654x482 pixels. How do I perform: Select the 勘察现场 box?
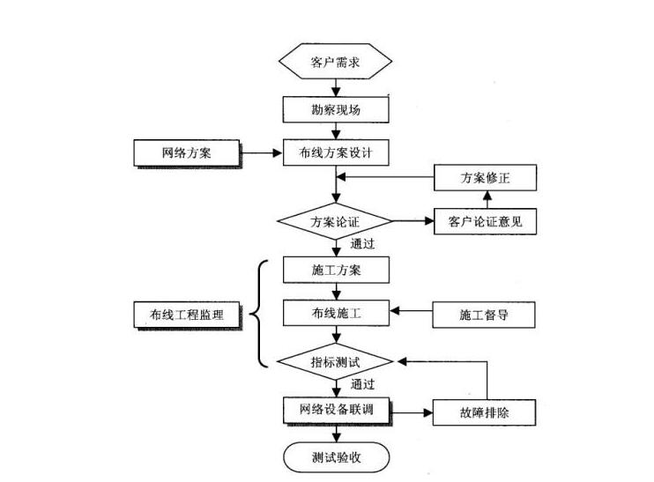coord(335,109)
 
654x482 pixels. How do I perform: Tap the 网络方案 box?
coord(186,153)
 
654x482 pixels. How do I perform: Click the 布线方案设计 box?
coord(335,153)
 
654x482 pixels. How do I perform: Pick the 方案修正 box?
coord(485,178)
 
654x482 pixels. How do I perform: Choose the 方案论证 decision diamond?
coord(335,221)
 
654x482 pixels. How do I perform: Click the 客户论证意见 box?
coord(485,221)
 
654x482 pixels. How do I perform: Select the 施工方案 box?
coord(335,270)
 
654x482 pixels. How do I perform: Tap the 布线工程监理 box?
coord(186,314)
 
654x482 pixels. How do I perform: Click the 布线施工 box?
coord(335,314)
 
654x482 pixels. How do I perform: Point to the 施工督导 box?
coord(485,314)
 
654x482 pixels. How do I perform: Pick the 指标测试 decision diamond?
coord(335,361)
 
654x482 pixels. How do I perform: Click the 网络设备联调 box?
coord(335,410)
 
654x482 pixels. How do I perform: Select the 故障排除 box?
coord(485,412)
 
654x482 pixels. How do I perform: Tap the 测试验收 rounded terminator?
coord(335,457)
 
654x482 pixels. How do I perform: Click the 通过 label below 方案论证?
coord(363,244)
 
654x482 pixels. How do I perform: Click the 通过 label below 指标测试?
coord(363,384)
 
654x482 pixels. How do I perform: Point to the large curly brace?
coord(258,313)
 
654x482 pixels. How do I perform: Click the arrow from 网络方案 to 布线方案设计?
coord(261,153)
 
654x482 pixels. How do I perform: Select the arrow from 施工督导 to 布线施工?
coord(411,312)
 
